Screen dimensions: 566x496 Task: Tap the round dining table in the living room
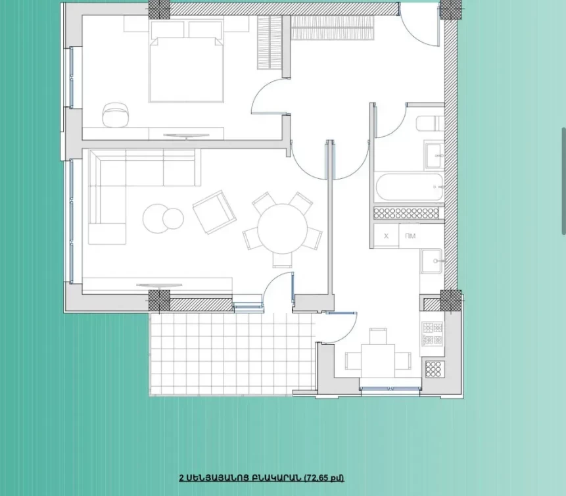coord(282,229)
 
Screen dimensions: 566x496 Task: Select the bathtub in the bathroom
coord(410,187)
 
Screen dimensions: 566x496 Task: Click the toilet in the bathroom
coord(430,123)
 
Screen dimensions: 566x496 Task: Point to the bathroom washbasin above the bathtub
coord(435,156)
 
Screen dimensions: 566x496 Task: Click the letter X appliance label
coord(387,236)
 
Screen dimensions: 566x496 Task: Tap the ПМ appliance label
coord(410,236)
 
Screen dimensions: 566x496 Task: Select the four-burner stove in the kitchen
coord(433,334)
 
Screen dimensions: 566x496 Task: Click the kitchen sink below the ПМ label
coord(431,260)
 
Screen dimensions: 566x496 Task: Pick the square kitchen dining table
coord(377,361)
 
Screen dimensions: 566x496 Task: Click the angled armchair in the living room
coord(214,212)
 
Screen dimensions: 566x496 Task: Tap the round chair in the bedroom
coord(115,114)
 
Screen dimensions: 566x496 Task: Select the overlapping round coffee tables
coord(163,218)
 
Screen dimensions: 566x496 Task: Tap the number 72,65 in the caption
coord(318,478)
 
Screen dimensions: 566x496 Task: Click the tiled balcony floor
coord(231,354)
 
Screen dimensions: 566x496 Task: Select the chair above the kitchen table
coord(378,336)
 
